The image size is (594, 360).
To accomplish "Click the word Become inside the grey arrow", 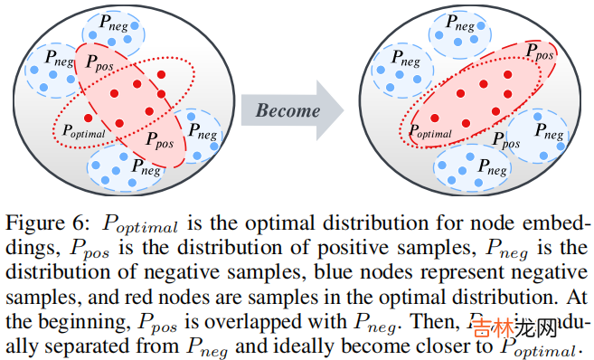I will [288, 111].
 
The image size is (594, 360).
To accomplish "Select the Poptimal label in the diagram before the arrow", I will [82, 132].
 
